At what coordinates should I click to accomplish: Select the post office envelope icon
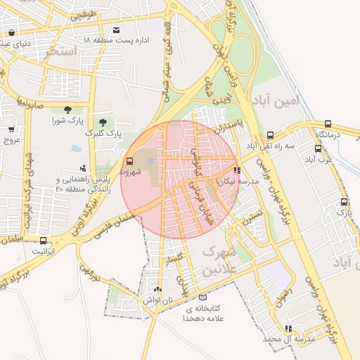pyautogui.click(x=116, y=30)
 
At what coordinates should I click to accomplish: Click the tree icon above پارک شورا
pyautogui.click(x=67, y=110)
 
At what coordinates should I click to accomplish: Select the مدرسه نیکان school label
pyautogui.click(x=238, y=181)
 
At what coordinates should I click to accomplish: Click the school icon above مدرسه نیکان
pyautogui.click(x=237, y=169)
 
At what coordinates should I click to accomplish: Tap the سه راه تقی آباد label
pyautogui.click(x=269, y=146)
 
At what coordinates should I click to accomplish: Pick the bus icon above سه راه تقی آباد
pyautogui.click(x=270, y=135)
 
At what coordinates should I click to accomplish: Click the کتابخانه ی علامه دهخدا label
pyautogui.click(x=204, y=314)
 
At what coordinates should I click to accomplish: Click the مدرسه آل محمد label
pyautogui.click(x=287, y=339)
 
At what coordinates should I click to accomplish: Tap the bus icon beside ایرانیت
pyautogui.click(x=43, y=240)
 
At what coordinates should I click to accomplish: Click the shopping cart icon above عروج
pyautogui.click(x=11, y=129)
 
